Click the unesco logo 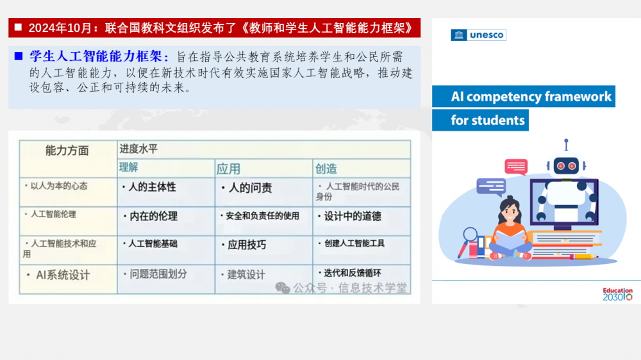(x=478, y=35)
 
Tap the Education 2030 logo (x=617, y=294)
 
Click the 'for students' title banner (x=480, y=120)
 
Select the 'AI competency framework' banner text (x=531, y=97)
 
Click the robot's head (x=566, y=165)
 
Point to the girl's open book (x=510, y=238)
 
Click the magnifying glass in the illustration (x=467, y=241)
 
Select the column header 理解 (x=128, y=167)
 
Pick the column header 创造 (x=326, y=168)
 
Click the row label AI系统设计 (x=63, y=275)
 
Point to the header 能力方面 (x=67, y=151)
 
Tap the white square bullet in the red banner (x=18, y=28)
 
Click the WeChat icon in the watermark (x=283, y=288)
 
